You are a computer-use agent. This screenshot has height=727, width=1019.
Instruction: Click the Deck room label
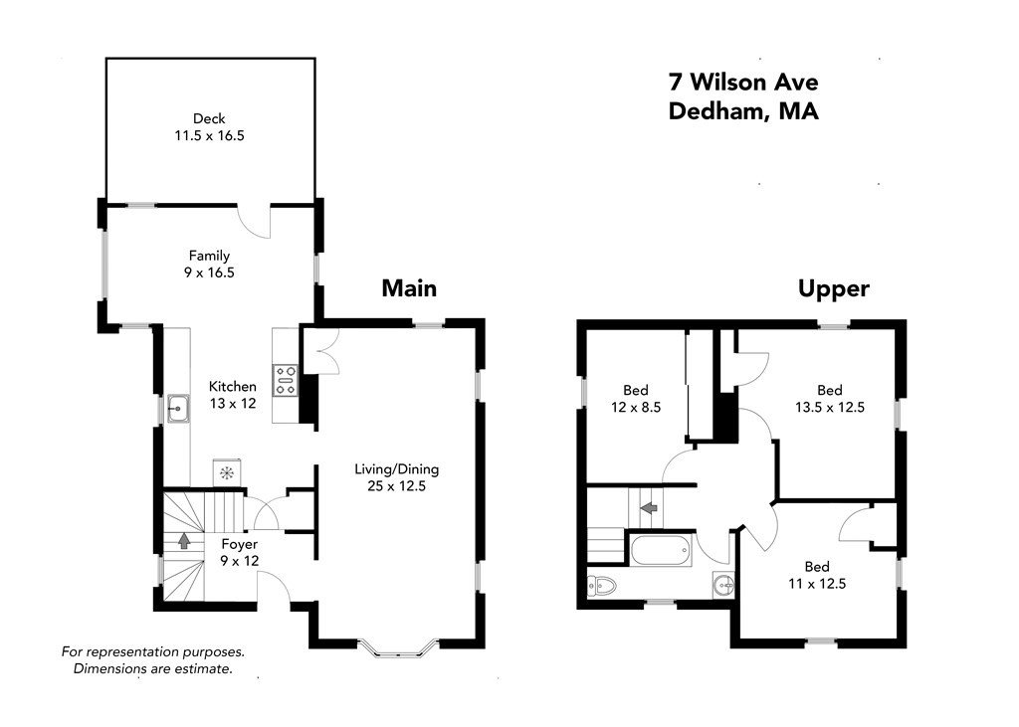(209, 127)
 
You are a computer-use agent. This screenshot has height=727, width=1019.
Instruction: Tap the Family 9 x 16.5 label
(209, 265)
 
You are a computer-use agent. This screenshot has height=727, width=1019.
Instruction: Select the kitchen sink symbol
(178, 409)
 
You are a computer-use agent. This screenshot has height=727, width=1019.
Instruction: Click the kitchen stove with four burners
(286, 380)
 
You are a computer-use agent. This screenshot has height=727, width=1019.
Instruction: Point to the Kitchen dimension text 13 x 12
(233, 404)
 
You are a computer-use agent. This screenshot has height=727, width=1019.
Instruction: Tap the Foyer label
(240, 544)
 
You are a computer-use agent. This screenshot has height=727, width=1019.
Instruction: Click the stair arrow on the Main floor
(184, 539)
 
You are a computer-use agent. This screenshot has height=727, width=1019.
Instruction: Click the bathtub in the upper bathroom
(661, 550)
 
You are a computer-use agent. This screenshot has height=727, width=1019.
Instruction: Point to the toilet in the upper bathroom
(601, 587)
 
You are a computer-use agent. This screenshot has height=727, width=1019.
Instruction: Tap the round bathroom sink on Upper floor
(722, 585)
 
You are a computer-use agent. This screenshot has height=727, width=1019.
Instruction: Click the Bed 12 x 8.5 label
(636, 399)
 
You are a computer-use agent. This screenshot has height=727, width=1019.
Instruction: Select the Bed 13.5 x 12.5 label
(830, 399)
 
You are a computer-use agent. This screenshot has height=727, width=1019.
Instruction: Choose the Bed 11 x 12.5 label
(817, 575)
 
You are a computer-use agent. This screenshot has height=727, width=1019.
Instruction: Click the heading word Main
(409, 287)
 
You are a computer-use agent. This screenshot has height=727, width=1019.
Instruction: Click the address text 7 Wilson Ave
(743, 82)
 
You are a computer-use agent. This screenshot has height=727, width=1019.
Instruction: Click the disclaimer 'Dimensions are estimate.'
(152, 668)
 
